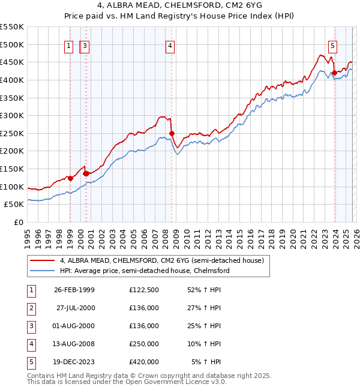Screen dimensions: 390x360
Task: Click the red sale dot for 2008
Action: point(172,133)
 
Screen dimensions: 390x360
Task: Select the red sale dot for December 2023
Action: point(334,74)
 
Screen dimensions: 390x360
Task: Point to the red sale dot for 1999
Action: point(71,178)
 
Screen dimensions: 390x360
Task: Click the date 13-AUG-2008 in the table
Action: point(74,344)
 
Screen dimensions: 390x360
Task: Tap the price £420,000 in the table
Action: point(143,362)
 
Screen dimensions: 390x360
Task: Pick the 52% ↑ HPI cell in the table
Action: point(206,290)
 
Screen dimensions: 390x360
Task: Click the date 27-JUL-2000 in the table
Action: point(74,308)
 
